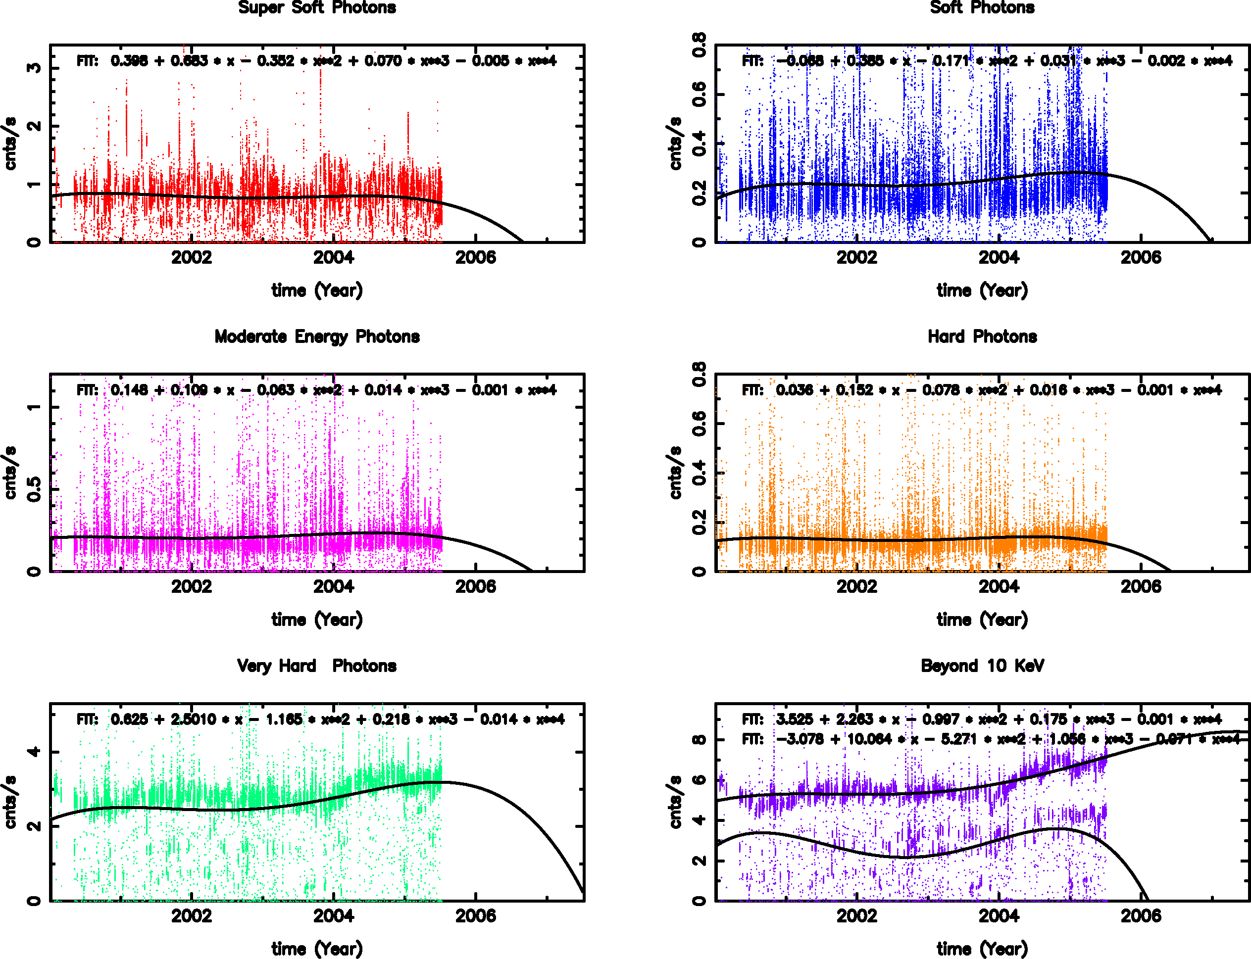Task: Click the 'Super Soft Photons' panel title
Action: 317,7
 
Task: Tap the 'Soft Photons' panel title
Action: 982,7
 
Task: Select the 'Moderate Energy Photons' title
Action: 317,337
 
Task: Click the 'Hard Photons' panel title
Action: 982,337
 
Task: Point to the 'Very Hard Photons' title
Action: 317,666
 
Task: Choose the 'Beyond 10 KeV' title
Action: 982,666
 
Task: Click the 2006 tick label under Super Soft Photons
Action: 475,257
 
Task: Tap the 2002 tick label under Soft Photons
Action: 856,257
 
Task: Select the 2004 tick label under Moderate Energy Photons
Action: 334,586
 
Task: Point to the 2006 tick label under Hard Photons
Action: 1140,586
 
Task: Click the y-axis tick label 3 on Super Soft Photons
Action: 34,68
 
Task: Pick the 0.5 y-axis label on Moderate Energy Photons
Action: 34,489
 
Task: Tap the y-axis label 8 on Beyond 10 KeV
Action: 700,740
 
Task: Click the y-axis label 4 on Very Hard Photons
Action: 34,752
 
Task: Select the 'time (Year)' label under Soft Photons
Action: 982,290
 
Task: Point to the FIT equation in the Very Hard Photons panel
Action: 320,719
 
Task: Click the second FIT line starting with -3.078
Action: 991,739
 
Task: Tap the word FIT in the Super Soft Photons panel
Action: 87,61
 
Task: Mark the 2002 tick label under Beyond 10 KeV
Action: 856,915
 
